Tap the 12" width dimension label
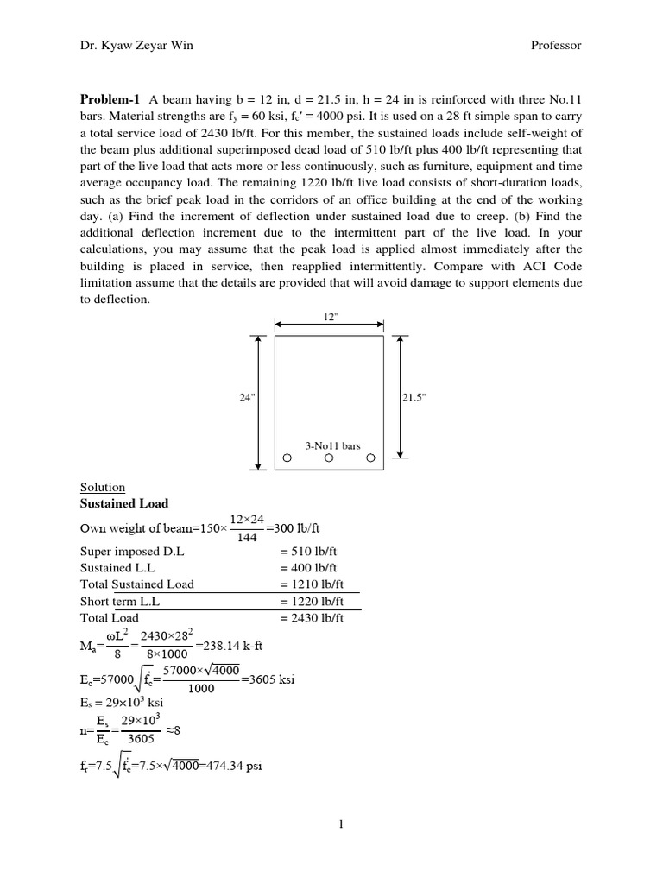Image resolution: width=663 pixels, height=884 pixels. [x=329, y=317]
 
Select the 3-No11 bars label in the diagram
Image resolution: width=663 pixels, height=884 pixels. [x=332, y=446]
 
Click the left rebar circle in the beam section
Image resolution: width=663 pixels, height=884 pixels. [x=287, y=459]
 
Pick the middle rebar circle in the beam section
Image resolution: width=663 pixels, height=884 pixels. [x=329, y=459]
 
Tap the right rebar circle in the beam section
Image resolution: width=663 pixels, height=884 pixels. [x=370, y=459]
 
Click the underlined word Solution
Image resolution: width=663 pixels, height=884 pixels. [x=102, y=488]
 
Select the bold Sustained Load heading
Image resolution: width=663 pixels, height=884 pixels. [x=124, y=503]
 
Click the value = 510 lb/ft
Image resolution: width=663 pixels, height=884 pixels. [x=312, y=552]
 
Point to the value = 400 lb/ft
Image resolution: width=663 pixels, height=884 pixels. [x=312, y=568]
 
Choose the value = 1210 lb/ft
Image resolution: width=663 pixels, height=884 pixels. [x=314, y=584]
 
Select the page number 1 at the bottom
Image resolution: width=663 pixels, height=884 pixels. [x=342, y=824]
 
